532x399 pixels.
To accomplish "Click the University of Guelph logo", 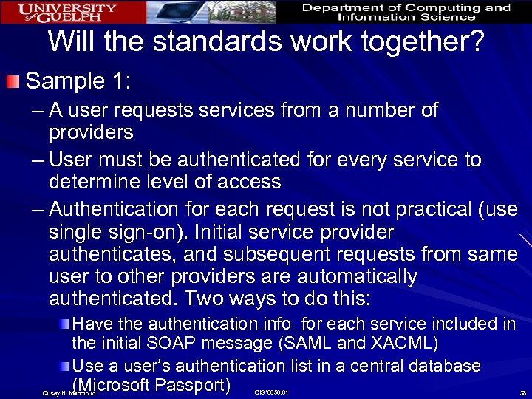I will click(x=67, y=12).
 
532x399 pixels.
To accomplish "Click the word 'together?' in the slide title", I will click(x=417, y=41).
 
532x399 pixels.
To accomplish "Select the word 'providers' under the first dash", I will click(x=91, y=132).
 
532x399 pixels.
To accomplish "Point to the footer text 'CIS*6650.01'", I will click(x=270, y=392).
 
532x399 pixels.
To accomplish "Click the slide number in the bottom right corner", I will click(x=522, y=393).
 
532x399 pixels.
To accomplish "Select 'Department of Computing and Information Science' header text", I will click(x=406, y=12).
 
